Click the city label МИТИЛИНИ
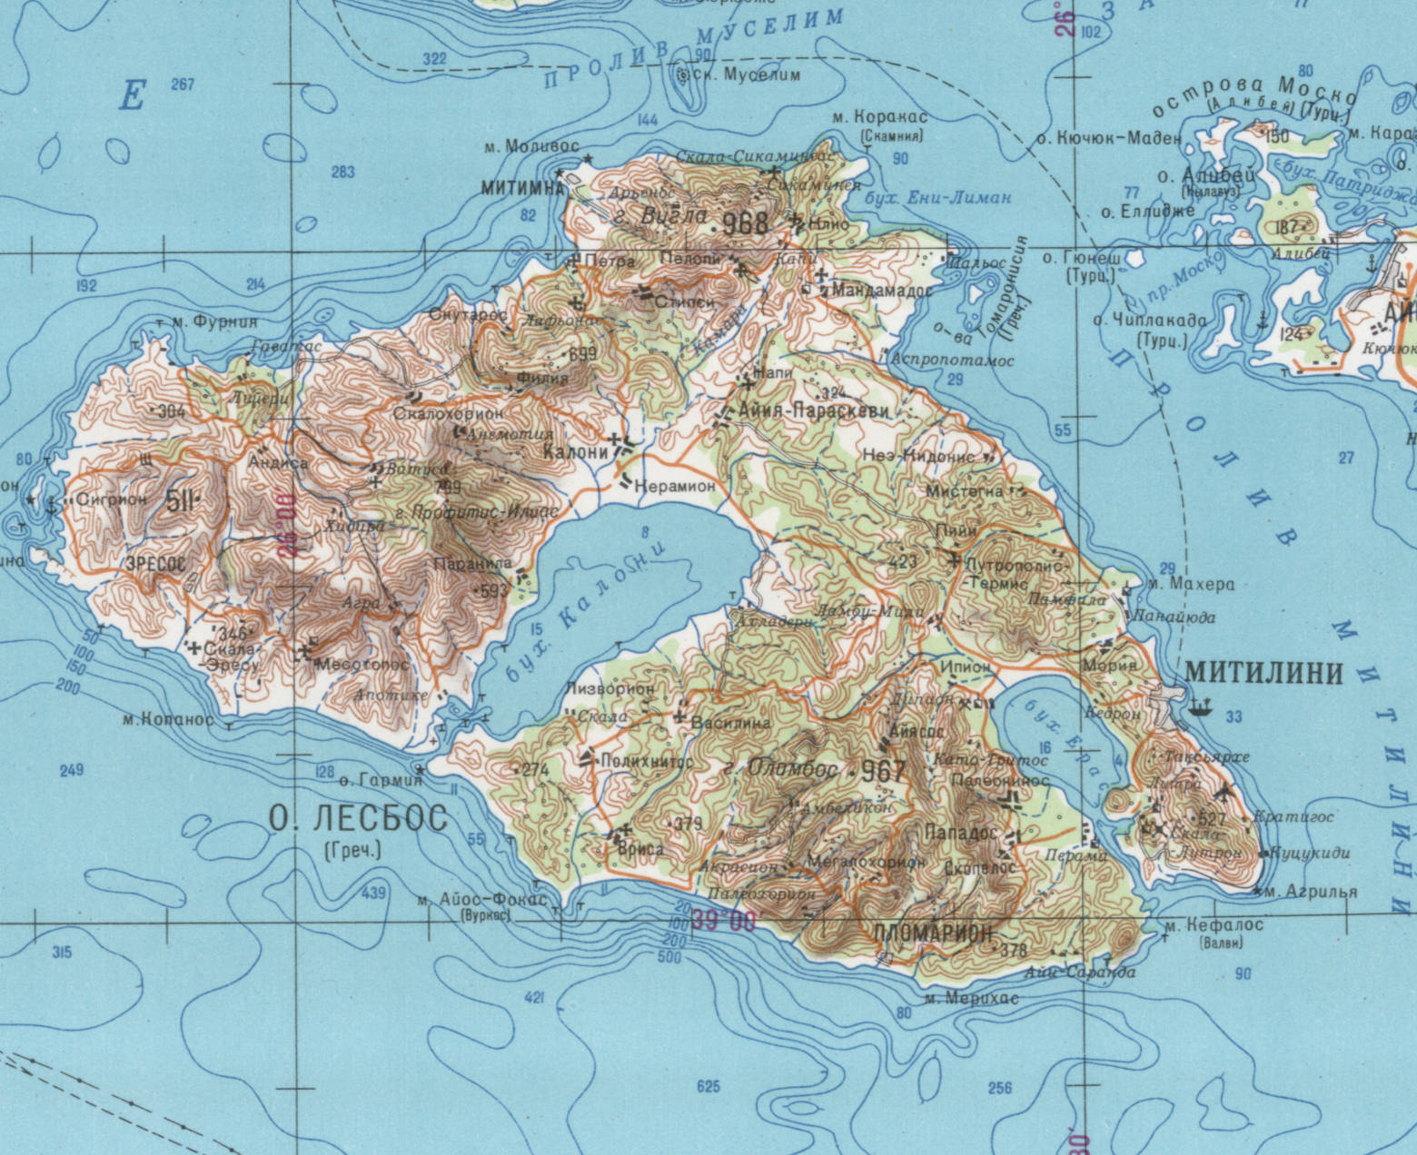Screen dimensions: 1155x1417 pyautogui.click(x=1263, y=673)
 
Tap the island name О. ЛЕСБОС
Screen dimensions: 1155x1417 pyautogui.click(x=359, y=818)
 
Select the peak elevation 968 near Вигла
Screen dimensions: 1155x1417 pyautogui.click(x=745, y=222)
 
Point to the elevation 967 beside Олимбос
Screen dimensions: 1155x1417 pyautogui.click(x=883, y=772)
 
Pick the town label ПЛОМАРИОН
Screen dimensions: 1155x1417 pyautogui.click(x=932, y=933)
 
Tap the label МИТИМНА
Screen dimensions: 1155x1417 pyautogui.click(x=520, y=187)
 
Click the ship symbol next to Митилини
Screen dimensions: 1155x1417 pyautogui.click(x=1201, y=706)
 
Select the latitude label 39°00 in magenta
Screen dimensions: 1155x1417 pyautogui.click(x=723, y=922)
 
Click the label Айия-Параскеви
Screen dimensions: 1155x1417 pyautogui.click(x=814, y=411)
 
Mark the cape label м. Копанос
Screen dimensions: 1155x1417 pyautogui.click(x=167, y=720)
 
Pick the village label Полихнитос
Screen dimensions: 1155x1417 pyautogui.click(x=645, y=761)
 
